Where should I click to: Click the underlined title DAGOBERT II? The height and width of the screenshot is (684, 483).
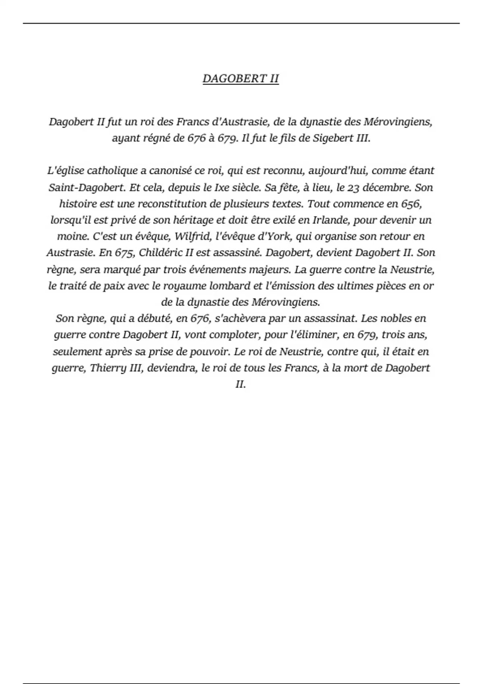pos(240,78)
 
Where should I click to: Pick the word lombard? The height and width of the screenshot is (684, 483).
pos(230,286)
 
